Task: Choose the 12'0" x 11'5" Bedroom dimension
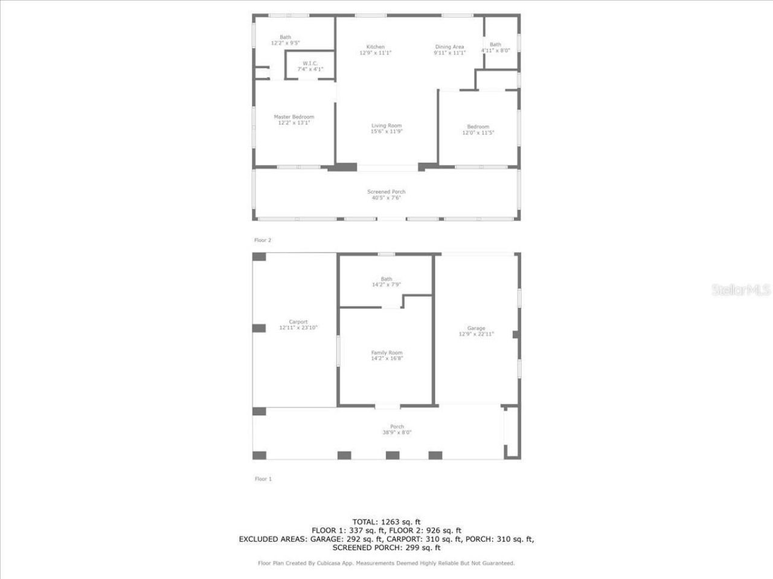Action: pyautogui.click(x=478, y=133)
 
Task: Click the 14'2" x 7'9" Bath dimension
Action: pyautogui.click(x=386, y=285)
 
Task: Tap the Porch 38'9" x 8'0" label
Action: pyautogui.click(x=397, y=429)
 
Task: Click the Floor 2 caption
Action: pyautogui.click(x=263, y=240)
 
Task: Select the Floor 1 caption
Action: pyautogui.click(x=263, y=479)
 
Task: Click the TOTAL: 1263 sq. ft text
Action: pyautogui.click(x=386, y=522)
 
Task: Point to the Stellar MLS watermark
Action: pyautogui.click(x=741, y=290)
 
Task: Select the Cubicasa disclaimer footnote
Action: pyautogui.click(x=386, y=563)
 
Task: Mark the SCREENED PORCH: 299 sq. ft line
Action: pyautogui.click(x=386, y=548)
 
